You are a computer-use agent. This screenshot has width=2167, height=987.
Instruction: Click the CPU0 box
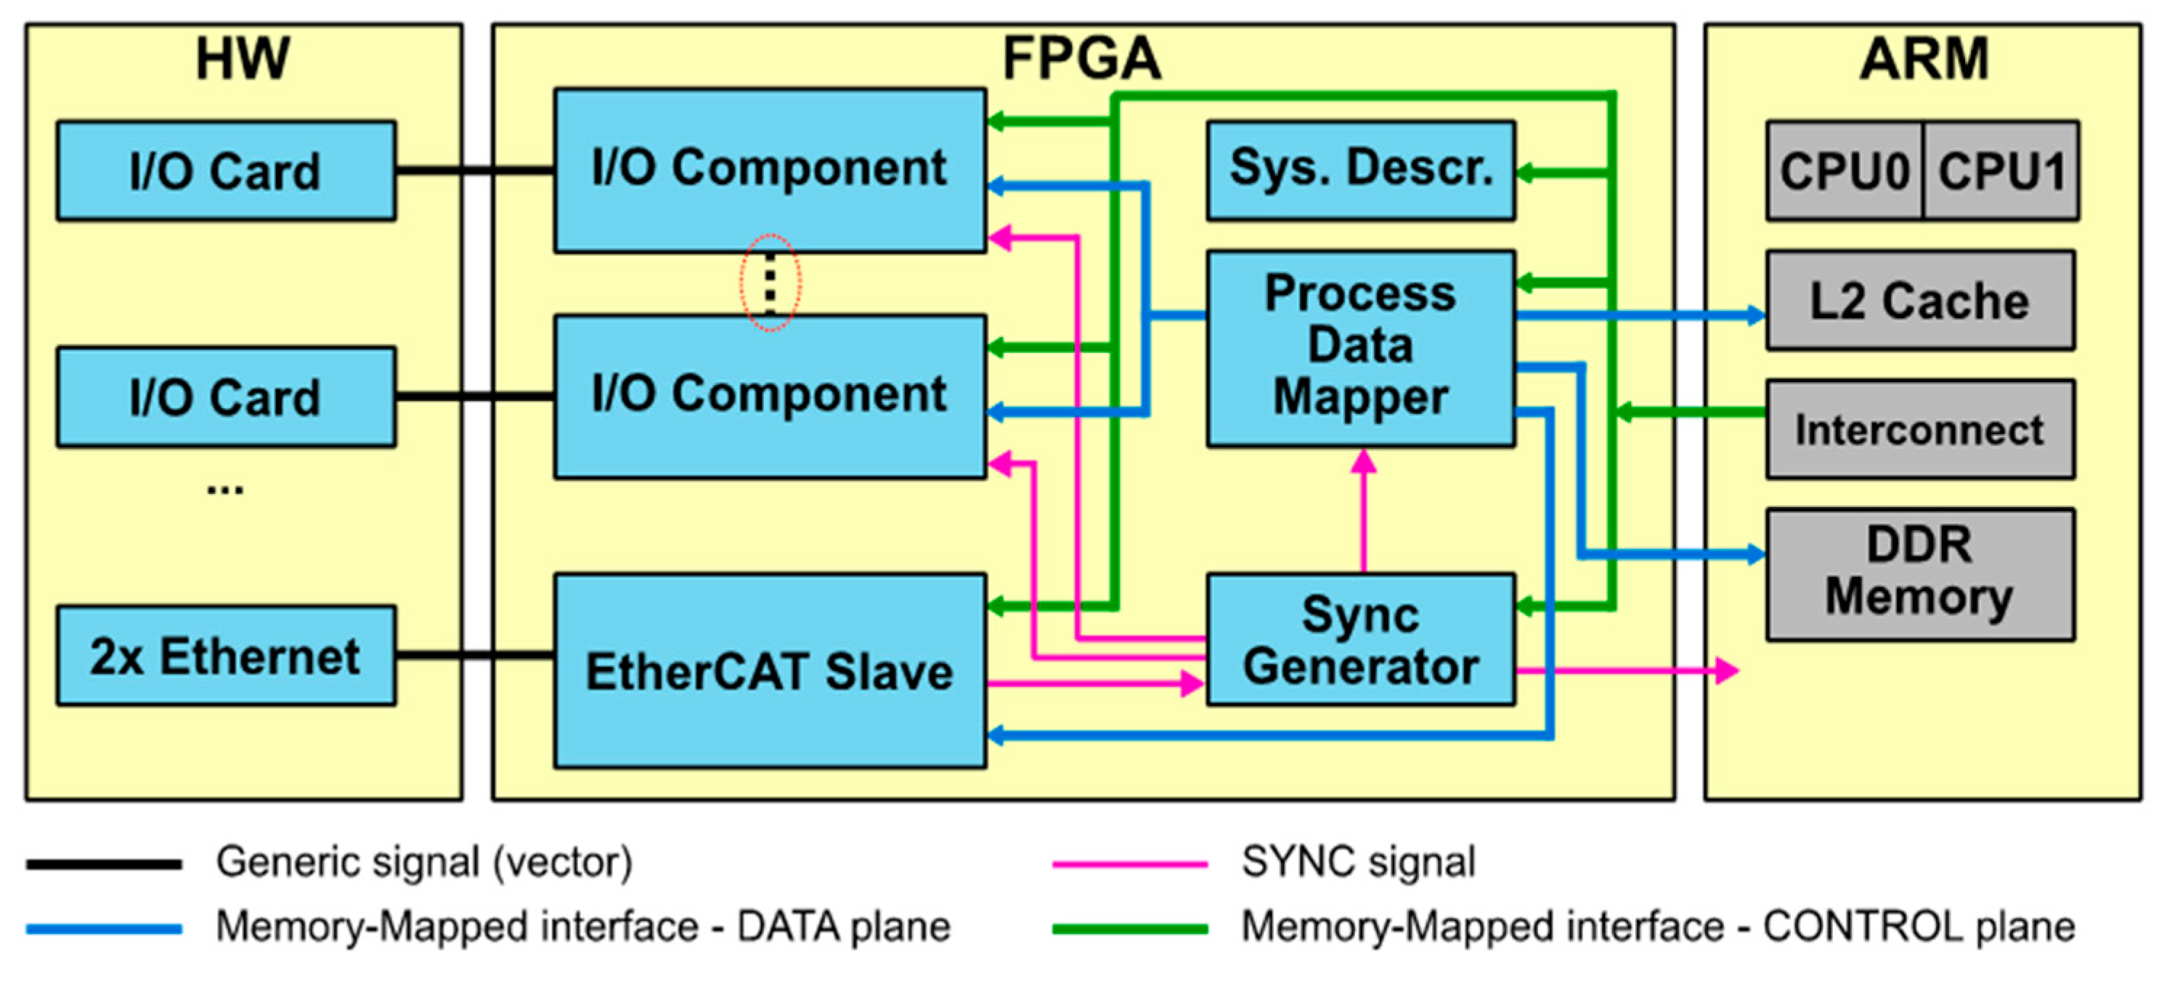(x=1844, y=171)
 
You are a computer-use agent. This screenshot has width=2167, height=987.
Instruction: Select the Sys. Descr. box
(x=1361, y=171)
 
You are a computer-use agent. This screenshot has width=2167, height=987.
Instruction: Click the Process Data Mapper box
(x=1361, y=347)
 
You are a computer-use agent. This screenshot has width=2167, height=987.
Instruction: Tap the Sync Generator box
(x=1361, y=640)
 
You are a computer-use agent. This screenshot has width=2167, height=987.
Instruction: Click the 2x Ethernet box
(x=225, y=656)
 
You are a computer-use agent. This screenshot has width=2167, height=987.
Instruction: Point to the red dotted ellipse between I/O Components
(x=770, y=283)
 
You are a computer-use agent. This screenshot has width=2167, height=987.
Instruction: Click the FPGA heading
(x=1082, y=59)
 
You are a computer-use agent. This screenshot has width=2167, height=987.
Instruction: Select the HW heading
(x=243, y=59)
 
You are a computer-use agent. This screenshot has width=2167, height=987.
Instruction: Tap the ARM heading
(x=1924, y=59)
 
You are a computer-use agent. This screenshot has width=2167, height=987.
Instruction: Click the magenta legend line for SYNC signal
(x=1130, y=864)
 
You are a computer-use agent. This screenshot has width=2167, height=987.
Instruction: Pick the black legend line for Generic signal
(x=105, y=864)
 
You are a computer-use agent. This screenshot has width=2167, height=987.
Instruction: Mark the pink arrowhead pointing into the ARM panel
(x=1727, y=670)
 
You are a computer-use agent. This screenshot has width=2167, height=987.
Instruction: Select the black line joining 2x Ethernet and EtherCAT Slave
(x=474, y=654)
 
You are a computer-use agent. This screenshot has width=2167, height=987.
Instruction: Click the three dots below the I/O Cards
(x=225, y=489)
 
